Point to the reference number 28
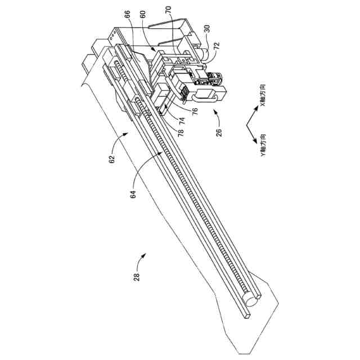pyautogui.click(x=135, y=276)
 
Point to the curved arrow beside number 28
pyautogui.click(x=144, y=258)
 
